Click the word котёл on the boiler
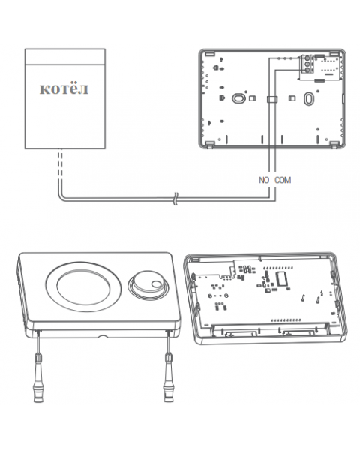64,88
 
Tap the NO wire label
264,180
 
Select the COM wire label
283,180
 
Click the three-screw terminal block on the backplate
307,64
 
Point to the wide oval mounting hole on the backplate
238,98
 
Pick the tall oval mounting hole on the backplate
308,98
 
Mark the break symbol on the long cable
175,199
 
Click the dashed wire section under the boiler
60,164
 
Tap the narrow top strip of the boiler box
65,56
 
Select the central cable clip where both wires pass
272,99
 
